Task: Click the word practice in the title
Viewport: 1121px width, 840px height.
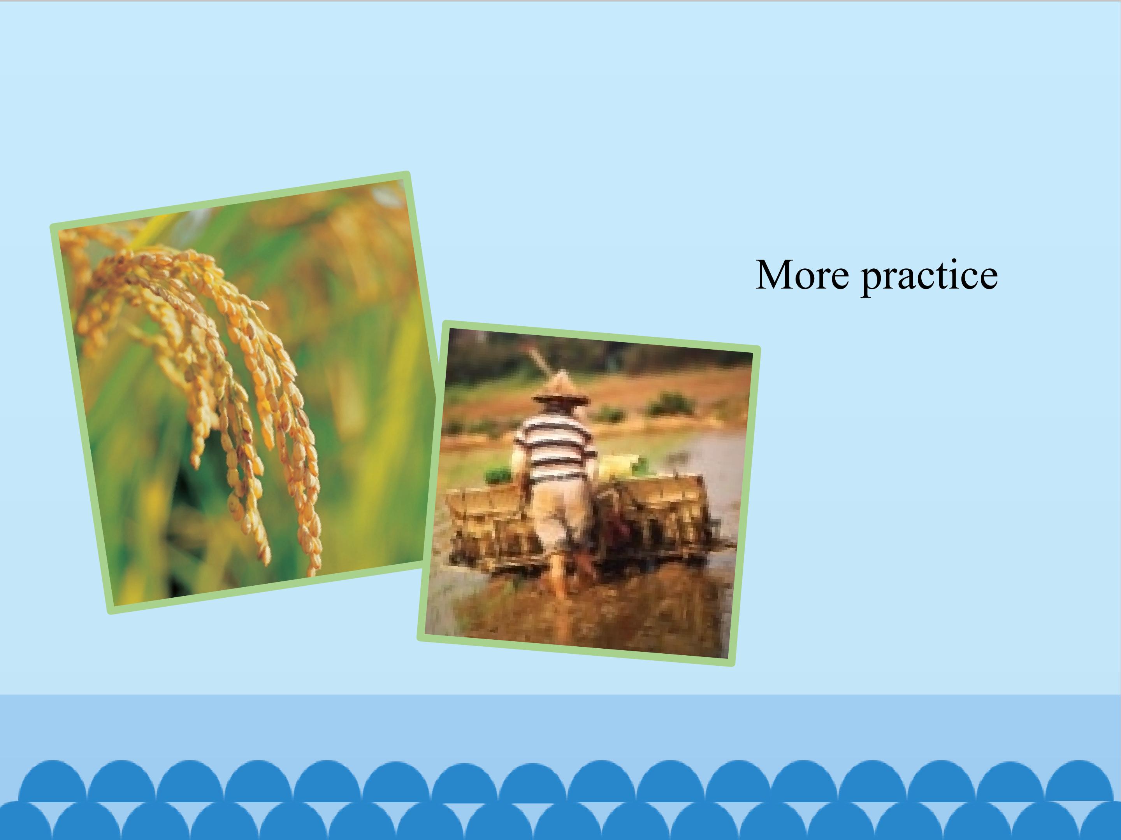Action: [929, 277]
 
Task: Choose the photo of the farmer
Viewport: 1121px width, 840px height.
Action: [589, 493]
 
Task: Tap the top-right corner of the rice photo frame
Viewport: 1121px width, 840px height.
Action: [408, 172]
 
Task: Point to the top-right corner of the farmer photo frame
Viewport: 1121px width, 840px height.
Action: [760, 347]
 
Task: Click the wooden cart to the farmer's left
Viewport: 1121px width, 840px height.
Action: [487, 527]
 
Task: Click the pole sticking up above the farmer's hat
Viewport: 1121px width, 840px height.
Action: [541, 360]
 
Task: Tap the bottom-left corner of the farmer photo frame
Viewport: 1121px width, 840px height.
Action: [418, 639]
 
